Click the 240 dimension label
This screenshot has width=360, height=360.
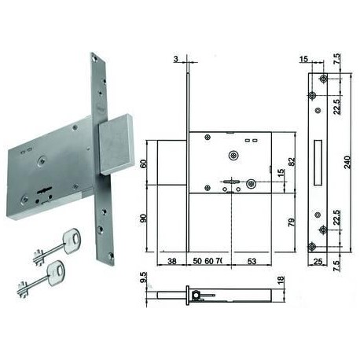pyautogui.click(x=347, y=162)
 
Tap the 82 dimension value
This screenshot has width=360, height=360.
pyautogui.click(x=292, y=161)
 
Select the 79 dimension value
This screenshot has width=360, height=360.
pyautogui.click(x=292, y=222)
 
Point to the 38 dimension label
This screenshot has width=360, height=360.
pyautogui.click(x=172, y=261)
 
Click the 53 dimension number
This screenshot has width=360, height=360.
pyautogui.click(x=252, y=261)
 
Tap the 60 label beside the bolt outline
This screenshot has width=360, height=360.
pyautogui.click(x=144, y=163)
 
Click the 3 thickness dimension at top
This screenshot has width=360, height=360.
pyautogui.click(x=176, y=59)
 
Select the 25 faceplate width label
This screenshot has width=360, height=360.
pyautogui.click(x=318, y=262)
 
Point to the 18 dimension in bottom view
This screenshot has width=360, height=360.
pyautogui.click(x=281, y=280)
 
